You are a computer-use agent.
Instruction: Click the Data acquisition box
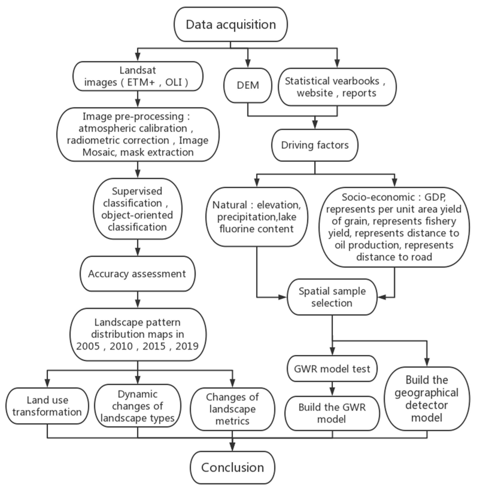(231, 24)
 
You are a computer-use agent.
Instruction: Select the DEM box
(248, 86)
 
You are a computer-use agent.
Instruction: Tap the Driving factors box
(315, 145)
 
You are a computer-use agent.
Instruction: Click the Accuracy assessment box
(137, 274)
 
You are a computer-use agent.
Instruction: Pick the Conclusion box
(232, 467)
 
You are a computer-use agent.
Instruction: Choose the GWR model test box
(332, 369)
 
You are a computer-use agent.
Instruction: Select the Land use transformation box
(47, 406)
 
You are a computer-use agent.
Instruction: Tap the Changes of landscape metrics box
(232, 409)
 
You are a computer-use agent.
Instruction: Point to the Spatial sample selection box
(332, 297)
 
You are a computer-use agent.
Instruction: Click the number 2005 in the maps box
(88, 346)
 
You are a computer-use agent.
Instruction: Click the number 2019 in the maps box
(187, 346)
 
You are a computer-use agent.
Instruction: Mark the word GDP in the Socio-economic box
(435, 197)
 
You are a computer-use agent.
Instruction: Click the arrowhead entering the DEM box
(248, 64)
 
